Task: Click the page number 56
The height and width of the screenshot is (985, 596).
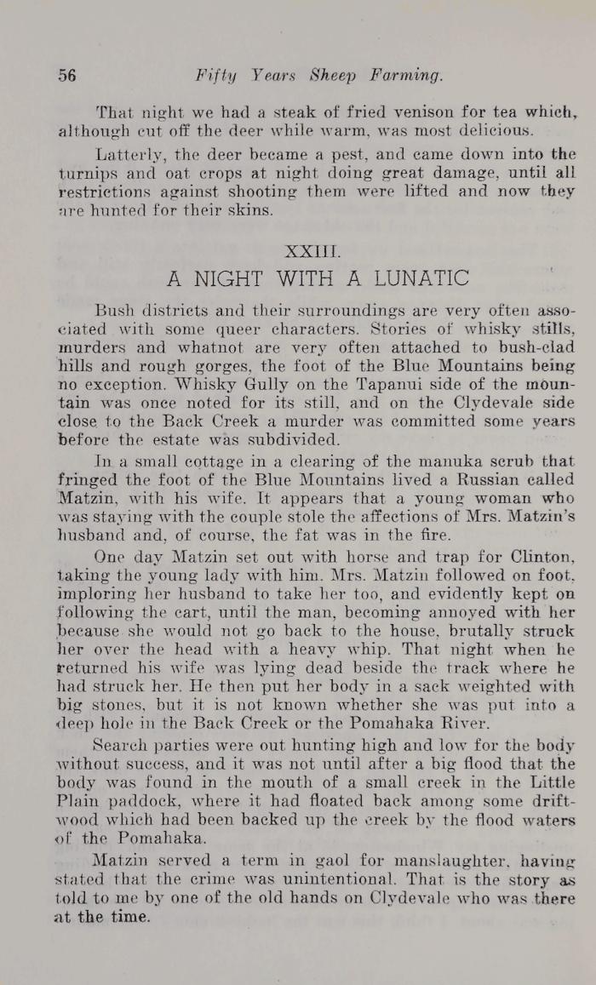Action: pos(67,75)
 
